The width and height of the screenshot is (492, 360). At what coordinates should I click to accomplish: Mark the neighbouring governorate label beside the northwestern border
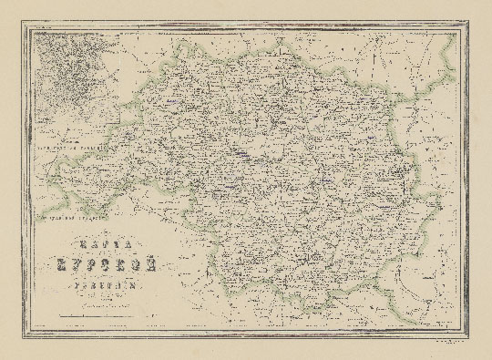pyautogui.click(x=68, y=144)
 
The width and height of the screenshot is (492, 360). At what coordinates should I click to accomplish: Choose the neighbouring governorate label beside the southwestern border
pyautogui.click(x=68, y=219)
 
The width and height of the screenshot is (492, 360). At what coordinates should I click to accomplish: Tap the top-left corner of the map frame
pyautogui.click(x=27, y=26)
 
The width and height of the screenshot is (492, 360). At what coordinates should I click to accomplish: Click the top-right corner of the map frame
pyautogui.click(x=465, y=26)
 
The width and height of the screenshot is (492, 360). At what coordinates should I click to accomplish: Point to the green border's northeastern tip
pyautogui.click(x=452, y=38)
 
